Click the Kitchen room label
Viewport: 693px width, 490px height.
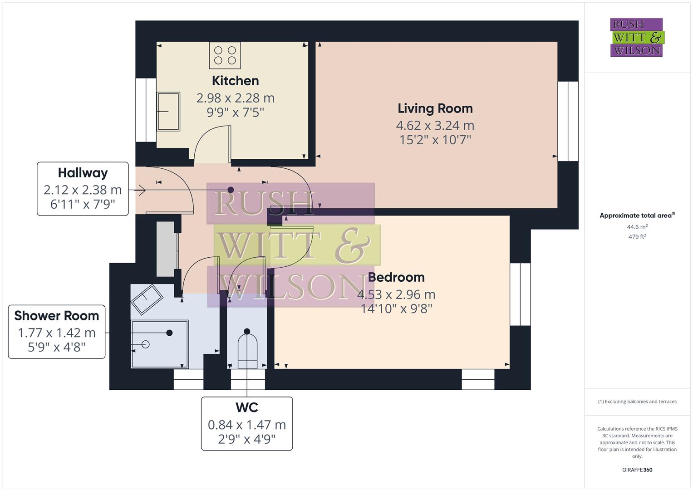[235, 81]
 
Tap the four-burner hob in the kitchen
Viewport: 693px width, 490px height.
[225, 55]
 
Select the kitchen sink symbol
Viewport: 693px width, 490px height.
[168, 111]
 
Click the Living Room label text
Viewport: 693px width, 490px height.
[435, 108]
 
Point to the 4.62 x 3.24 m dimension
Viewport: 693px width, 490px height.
[435, 125]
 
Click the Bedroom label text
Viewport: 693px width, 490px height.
[396, 277]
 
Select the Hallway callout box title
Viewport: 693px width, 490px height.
[83, 173]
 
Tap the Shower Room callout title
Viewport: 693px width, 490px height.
[57, 316]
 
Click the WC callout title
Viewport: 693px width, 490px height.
[247, 407]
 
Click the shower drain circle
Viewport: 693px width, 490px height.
[146, 344]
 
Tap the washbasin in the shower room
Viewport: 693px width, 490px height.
[147, 299]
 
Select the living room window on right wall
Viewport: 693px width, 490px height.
[568, 121]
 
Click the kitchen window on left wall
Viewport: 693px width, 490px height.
[146, 110]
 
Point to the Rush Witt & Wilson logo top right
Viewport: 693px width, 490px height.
[636, 38]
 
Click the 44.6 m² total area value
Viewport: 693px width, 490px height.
[637, 227]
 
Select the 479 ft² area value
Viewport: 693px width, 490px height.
[637, 237]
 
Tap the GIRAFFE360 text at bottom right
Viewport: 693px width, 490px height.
[637, 470]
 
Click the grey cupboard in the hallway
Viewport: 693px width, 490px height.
[166, 249]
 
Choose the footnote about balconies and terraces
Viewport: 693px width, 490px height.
[637, 402]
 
